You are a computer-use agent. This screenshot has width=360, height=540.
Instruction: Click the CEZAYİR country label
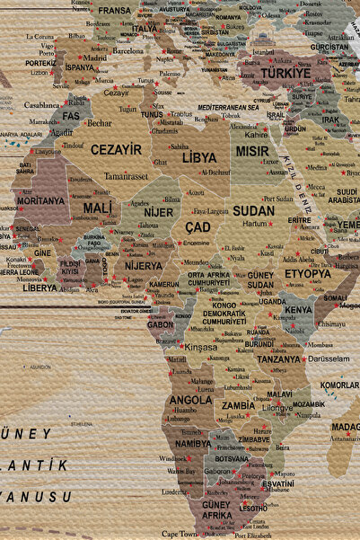click(x=116, y=149)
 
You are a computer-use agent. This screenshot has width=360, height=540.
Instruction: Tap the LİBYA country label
click(x=198, y=156)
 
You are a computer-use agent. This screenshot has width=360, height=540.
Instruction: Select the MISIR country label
click(x=252, y=151)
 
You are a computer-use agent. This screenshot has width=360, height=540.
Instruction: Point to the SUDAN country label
click(x=254, y=210)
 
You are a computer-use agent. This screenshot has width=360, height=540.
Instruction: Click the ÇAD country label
click(x=198, y=227)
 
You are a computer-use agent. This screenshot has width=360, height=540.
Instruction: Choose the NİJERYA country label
click(x=144, y=266)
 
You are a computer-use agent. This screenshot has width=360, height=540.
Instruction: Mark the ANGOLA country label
click(x=190, y=400)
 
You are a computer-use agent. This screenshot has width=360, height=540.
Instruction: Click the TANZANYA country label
click(x=278, y=359)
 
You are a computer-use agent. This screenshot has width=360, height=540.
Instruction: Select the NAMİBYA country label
click(x=193, y=443)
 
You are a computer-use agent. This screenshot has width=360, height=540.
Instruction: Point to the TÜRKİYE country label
click(x=284, y=72)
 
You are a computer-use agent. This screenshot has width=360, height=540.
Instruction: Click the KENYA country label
click(x=298, y=310)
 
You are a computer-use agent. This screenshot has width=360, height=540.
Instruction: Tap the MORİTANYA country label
click(x=40, y=200)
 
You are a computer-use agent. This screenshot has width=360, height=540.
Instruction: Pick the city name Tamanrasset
click(x=126, y=176)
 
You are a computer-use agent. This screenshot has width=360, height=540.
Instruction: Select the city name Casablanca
click(x=42, y=104)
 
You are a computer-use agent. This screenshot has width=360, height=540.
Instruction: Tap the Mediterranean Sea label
click(x=228, y=107)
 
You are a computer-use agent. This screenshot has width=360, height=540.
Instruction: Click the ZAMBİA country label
click(x=239, y=405)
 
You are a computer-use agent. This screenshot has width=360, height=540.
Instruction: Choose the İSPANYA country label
click(x=79, y=67)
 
